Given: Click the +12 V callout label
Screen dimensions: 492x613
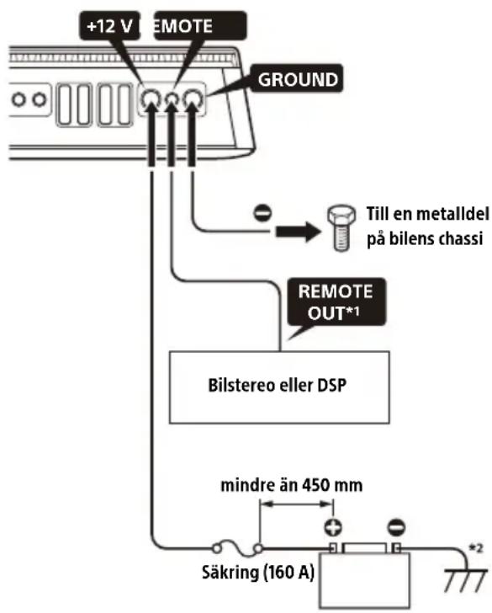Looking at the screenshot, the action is (109, 26).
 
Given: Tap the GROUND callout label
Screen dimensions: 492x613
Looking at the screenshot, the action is (297, 79).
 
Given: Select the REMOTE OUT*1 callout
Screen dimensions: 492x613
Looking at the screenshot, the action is (336, 302).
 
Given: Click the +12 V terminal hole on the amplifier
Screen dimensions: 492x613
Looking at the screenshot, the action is (151, 99).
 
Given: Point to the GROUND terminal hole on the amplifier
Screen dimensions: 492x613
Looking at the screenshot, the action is (193, 99).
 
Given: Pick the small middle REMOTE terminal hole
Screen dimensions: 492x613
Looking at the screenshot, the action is (172, 99).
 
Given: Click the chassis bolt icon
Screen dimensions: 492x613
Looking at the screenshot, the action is (341, 227).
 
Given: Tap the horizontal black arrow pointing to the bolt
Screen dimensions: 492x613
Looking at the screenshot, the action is (298, 232).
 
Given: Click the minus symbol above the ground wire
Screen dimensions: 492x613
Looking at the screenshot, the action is (262, 213).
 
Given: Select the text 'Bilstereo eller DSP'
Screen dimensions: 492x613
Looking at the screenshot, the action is (278, 386).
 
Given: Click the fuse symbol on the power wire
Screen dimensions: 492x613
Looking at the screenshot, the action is (237, 548).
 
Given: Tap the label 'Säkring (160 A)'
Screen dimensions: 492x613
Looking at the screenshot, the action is (258, 573).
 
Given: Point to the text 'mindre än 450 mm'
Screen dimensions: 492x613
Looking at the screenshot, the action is (292, 485).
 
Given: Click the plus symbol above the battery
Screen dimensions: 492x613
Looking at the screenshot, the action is (333, 527).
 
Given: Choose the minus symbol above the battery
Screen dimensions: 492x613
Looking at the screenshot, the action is (396, 527).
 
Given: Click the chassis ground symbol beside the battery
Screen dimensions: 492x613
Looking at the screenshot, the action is (466, 580).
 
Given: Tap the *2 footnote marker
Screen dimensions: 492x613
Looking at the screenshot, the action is (476, 548).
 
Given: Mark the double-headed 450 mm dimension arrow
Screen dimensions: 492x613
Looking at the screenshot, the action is (297, 504).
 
